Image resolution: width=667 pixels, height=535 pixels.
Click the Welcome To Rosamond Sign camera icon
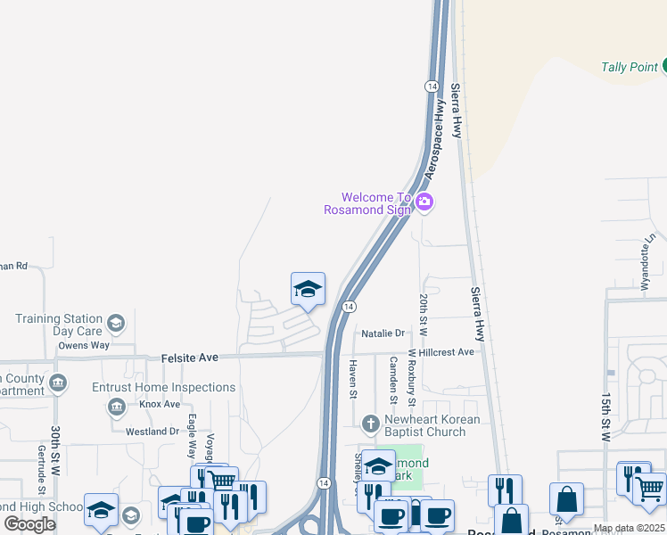pyautogui.click(x=424, y=202)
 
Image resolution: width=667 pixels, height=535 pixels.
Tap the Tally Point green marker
pyautogui.click(x=664, y=66)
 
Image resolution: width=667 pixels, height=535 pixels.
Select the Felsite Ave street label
pyautogui.click(x=190, y=358)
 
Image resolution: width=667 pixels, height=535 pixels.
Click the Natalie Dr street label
pyautogui.click(x=383, y=333)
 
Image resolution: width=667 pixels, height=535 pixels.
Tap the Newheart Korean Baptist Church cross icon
pyautogui.click(x=372, y=421)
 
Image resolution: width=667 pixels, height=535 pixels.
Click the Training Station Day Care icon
pyautogui.click(x=115, y=323)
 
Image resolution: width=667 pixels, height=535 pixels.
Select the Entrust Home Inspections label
pyautogui.click(x=164, y=387)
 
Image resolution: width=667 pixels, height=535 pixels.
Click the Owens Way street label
pyautogui.click(x=84, y=345)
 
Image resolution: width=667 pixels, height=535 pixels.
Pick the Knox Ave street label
pyautogui.click(x=160, y=404)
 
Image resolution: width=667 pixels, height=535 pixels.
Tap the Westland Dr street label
pyautogui.click(x=152, y=432)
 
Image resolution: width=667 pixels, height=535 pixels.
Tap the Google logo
pyautogui.click(x=30, y=523)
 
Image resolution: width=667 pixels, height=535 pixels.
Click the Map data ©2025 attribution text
pyautogui.click(x=630, y=528)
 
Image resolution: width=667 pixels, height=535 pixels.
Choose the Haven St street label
pyautogui.click(x=353, y=380)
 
